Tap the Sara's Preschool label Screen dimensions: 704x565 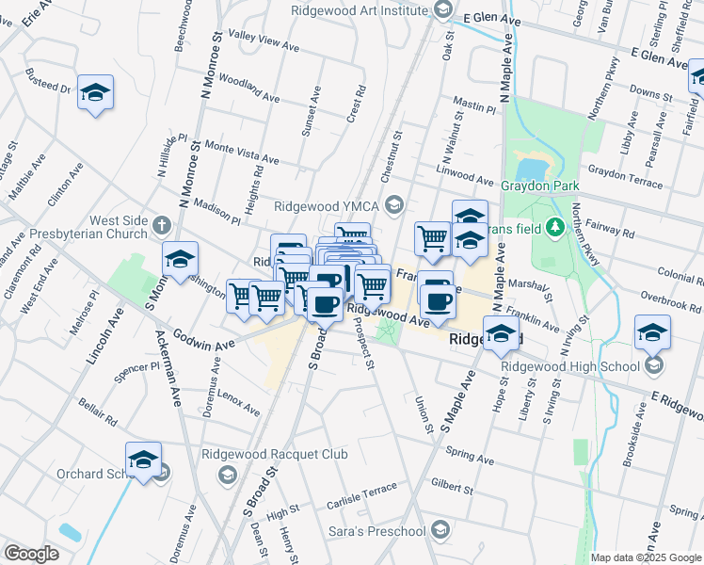(376, 532)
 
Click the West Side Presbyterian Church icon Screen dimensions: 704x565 (162, 225)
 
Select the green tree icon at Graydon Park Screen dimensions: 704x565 (555, 225)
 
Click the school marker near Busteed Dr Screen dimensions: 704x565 (95, 93)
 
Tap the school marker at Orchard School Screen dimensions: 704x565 (143, 460)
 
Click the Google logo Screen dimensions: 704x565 (31, 554)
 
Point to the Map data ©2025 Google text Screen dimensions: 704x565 (645, 557)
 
